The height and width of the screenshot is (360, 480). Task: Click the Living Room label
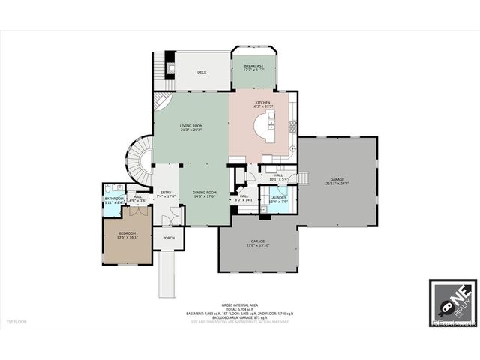(x=190, y=125)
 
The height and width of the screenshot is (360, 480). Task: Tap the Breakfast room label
(x=253, y=67)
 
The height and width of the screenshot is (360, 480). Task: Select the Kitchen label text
(x=262, y=102)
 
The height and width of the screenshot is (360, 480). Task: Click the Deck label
(x=202, y=73)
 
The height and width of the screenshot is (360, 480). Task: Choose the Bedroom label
(x=127, y=233)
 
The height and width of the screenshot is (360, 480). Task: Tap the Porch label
(x=169, y=238)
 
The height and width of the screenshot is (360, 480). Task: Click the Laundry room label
(x=278, y=198)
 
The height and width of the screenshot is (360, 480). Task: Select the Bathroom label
(x=114, y=199)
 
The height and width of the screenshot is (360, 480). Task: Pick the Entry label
(x=166, y=193)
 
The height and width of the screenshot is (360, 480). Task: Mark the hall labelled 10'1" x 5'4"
(x=278, y=178)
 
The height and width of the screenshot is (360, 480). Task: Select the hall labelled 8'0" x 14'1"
(x=245, y=198)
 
